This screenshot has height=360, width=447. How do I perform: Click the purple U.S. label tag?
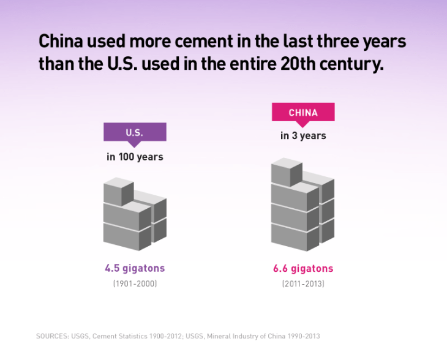click(135, 132)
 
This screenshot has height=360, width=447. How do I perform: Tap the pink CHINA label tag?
click(303, 113)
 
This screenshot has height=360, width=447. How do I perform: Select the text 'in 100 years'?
click(135, 157)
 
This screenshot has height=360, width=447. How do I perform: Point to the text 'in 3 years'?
click(303, 136)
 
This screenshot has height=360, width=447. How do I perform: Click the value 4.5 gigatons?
click(135, 268)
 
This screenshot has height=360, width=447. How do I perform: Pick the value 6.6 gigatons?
click(303, 268)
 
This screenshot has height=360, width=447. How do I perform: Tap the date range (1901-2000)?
click(135, 284)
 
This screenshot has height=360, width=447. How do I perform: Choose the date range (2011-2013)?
click(303, 284)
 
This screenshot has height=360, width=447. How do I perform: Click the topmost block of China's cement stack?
click(287, 171)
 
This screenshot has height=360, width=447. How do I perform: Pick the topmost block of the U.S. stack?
click(119, 192)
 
